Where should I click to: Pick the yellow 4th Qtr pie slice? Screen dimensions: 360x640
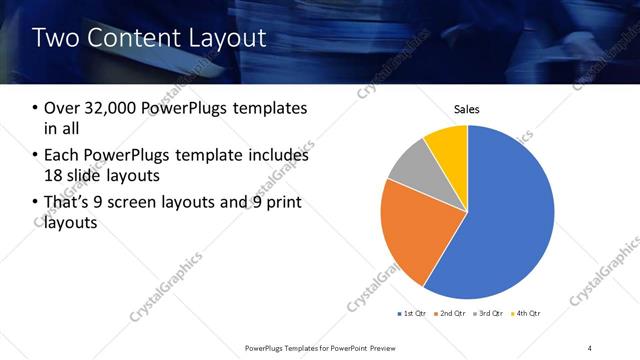point(448,144)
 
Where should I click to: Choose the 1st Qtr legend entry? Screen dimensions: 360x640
point(415,314)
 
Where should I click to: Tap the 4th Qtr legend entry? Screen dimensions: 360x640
point(528,314)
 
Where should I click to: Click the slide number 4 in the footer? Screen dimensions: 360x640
point(590,347)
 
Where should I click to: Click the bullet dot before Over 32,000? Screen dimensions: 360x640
point(36,108)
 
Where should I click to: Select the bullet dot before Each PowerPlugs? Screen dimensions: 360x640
point(36,156)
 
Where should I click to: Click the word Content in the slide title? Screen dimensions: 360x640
point(130,38)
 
